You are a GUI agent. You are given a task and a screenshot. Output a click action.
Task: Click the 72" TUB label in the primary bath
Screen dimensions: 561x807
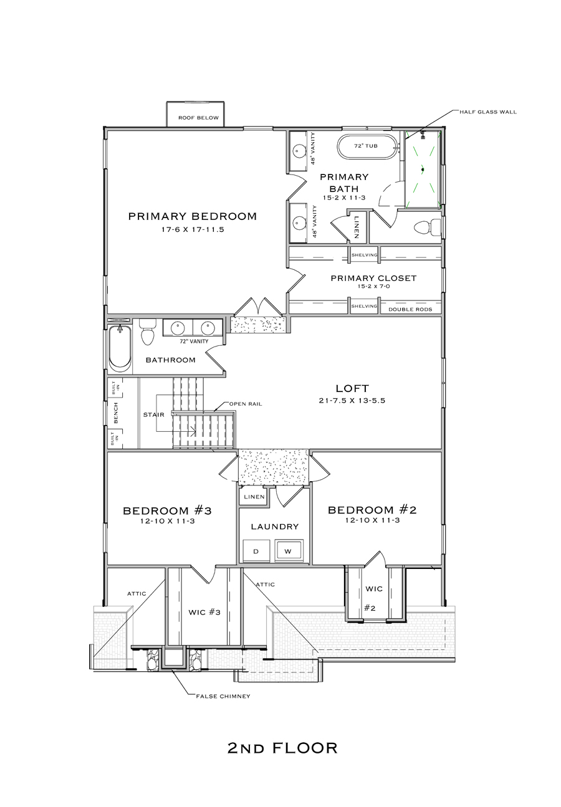[366, 146]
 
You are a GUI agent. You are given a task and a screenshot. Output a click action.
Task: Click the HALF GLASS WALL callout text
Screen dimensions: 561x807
[488, 112]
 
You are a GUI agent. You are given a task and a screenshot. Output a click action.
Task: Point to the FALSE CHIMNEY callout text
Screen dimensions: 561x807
[223, 697]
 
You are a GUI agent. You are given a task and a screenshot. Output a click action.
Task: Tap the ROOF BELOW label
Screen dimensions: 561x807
[198, 118]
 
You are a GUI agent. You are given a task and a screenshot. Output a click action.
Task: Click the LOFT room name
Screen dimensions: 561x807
[352, 388]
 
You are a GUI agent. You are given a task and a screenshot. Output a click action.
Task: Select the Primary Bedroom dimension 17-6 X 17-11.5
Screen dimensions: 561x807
[193, 229]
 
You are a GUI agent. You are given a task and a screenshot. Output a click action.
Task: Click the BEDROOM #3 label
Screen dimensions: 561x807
[167, 510]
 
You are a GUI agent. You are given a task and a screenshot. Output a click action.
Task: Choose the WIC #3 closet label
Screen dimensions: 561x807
[204, 612]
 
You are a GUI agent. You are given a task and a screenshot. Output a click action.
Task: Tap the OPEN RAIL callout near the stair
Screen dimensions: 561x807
[246, 404]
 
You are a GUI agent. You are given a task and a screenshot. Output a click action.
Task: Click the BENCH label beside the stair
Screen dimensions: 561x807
[116, 413]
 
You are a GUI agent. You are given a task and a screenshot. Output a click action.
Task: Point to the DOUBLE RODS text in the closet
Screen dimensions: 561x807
[410, 309]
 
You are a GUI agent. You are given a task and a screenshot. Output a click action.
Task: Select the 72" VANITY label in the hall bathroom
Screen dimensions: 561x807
[194, 341]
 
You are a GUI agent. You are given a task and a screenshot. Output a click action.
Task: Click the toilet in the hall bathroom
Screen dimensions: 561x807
[148, 332]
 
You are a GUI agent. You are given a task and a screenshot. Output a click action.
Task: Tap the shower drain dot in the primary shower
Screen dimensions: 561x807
[423, 170]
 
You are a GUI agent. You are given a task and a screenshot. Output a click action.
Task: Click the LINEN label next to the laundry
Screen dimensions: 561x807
[254, 497]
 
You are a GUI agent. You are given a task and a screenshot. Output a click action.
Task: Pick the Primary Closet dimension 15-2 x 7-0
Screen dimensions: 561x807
[373, 287]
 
